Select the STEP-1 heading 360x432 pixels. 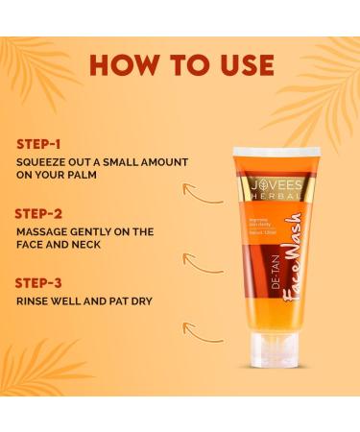[38, 144]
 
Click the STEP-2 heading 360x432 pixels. [39, 213]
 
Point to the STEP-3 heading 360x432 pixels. [39, 282]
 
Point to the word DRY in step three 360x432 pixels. [139, 300]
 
